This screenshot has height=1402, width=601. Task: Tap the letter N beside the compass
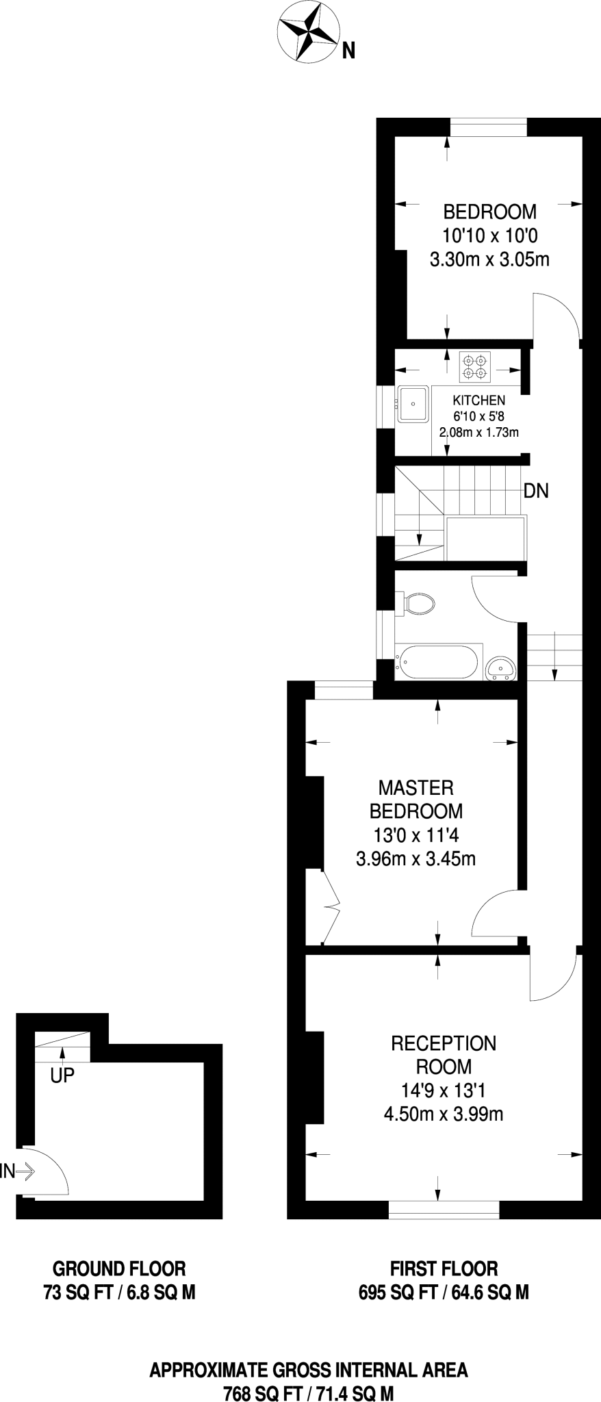[x=348, y=51]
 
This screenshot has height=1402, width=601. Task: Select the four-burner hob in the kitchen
[x=476, y=366]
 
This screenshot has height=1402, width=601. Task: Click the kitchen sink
[x=413, y=404]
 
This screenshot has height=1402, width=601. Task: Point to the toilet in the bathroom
[x=418, y=604]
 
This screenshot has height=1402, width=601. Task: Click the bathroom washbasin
[x=502, y=667]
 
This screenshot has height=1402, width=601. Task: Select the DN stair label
[x=536, y=490]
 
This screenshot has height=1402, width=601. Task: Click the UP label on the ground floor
[x=62, y=1076]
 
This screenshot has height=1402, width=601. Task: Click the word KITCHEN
[x=479, y=400]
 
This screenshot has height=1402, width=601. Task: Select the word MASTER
[x=415, y=787]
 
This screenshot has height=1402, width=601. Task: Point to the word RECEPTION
[x=444, y=1043]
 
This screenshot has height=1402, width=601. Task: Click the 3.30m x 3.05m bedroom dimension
[x=489, y=259]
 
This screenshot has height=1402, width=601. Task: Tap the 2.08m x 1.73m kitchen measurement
[x=479, y=432]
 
